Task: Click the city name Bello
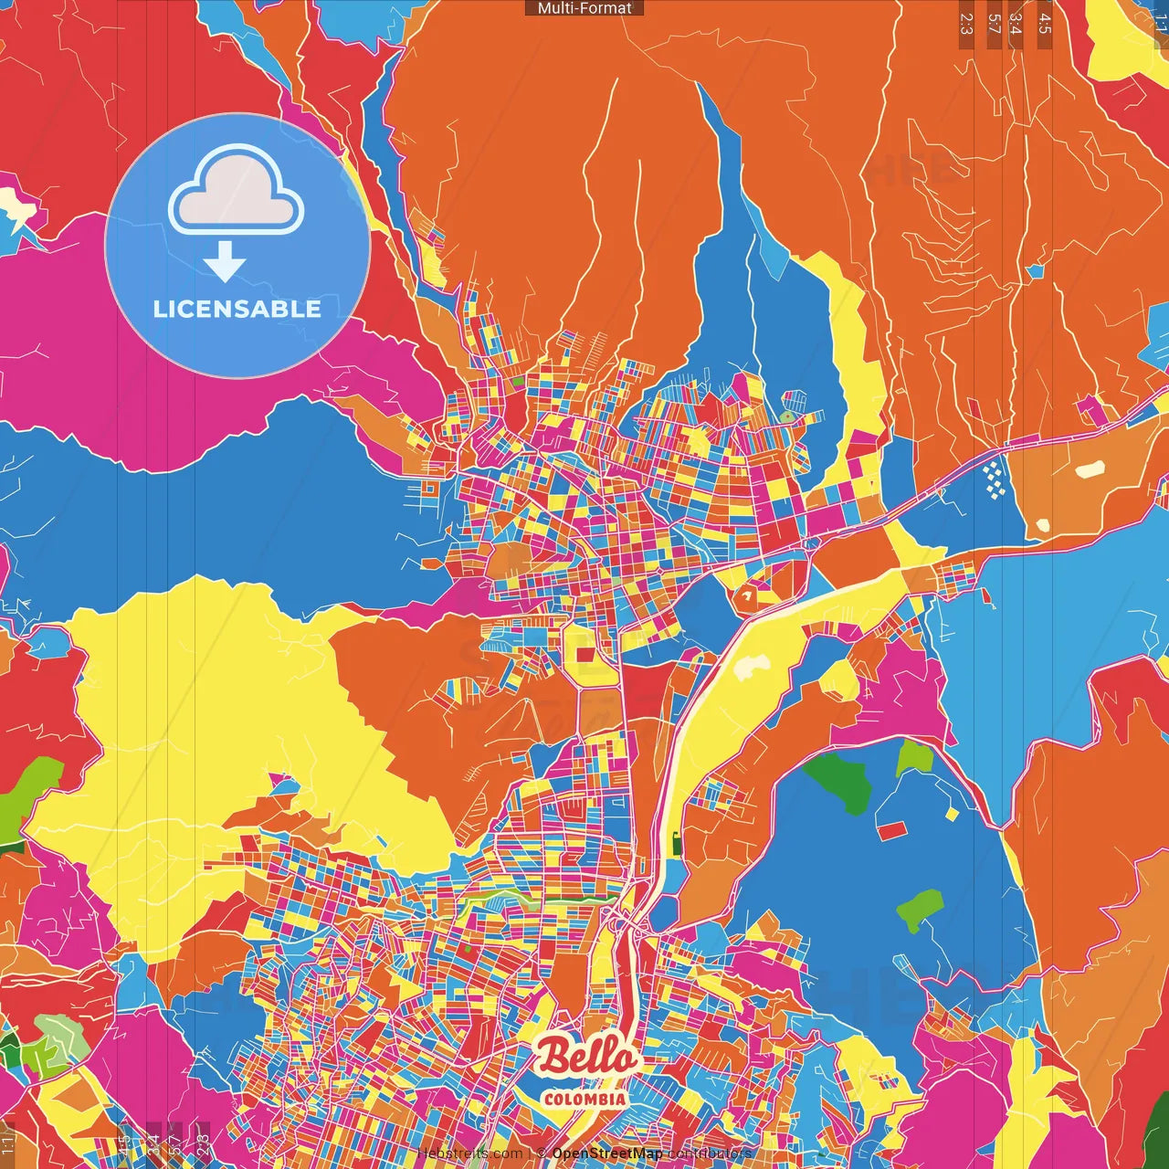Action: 584,1057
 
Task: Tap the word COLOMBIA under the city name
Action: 584,1099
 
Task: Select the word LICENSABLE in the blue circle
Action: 237,309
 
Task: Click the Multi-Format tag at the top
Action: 584,8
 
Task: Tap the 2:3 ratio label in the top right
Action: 966,24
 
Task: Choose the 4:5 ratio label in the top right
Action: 1045,24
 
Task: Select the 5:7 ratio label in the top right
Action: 994,24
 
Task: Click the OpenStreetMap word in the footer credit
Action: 607,1153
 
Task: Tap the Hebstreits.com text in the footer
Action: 470,1153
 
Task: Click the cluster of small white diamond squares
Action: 995,479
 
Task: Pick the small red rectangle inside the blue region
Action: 891,830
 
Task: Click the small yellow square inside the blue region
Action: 953,813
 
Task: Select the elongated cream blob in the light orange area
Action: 1089,469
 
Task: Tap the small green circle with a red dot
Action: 787,417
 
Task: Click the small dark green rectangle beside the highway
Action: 677,843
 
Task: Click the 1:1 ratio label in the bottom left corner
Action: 8,1140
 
